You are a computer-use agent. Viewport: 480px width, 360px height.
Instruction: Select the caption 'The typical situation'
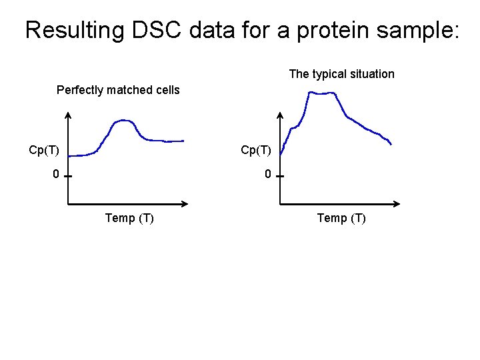tap(341, 74)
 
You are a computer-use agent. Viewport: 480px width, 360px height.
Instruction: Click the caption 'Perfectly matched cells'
tap(118, 90)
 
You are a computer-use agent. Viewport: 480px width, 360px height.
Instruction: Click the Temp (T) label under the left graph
tap(129, 218)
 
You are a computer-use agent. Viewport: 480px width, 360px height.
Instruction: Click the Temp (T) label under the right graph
tap(341, 218)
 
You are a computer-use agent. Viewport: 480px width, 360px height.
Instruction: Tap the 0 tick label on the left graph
tap(57, 175)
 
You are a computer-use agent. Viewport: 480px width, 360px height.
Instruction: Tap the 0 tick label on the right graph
tap(267, 175)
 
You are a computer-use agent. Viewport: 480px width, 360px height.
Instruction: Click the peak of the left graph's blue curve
tap(123, 121)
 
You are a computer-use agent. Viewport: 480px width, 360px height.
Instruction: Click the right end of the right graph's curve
tap(391, 144)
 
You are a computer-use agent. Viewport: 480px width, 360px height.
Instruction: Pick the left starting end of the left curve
tap(69, 155)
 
